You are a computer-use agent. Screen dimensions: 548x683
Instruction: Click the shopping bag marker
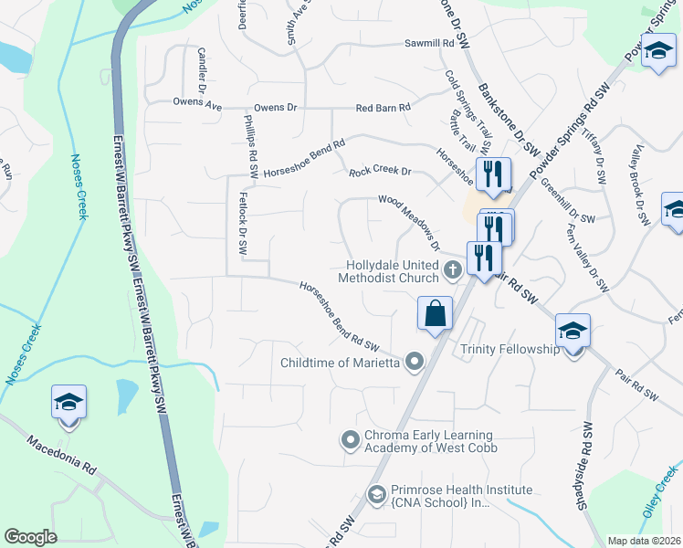tap(436, 314)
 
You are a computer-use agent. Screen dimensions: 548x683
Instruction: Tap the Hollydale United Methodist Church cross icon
tap(452, 269)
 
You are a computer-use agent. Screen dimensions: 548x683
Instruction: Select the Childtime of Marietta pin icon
tap(415, 363)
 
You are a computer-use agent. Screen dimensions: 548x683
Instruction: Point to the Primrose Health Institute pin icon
tap(376, 494)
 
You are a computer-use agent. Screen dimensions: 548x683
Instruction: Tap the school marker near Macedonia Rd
tap(68, 403)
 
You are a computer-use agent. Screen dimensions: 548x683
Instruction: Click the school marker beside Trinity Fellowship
tap(573, 331)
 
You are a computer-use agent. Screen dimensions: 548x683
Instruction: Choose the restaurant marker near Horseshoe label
tap(494, 174)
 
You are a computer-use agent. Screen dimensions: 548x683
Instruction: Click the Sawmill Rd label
tap(430, 44)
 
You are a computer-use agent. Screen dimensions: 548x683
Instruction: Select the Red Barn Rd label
tap(383, 108)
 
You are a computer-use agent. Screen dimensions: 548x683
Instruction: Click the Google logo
tap(31, 537)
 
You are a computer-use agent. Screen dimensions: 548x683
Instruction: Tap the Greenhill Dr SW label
tap(567, 203)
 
